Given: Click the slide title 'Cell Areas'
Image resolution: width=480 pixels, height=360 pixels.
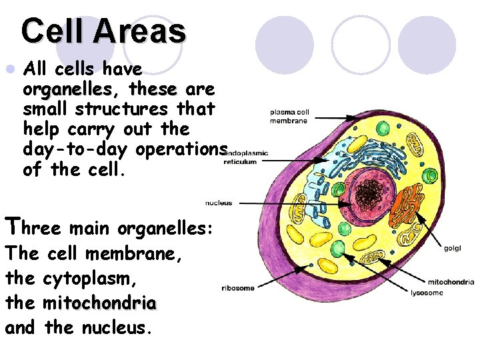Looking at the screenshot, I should [103, 31].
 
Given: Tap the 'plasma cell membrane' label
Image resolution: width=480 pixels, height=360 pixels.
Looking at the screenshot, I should [289, 116].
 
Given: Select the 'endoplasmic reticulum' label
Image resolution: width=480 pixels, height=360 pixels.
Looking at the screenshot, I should [244, 157].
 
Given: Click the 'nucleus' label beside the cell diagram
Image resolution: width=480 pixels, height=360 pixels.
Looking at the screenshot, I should [219, 203].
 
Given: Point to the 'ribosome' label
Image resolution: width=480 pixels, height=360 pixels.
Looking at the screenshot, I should [237, 288].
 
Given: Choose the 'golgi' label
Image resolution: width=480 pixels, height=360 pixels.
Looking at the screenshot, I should [452, 249].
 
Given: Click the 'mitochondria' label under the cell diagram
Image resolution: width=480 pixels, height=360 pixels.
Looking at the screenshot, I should [451, 282].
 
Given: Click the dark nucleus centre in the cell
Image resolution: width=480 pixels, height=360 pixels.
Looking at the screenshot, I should [368, 193].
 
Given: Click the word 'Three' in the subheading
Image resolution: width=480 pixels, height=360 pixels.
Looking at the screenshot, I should [33, 228].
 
